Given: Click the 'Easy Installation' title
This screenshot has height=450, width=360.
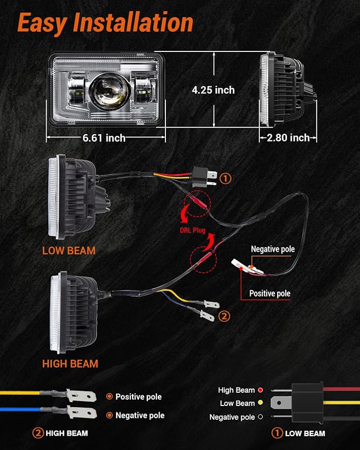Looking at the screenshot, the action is point(106,23).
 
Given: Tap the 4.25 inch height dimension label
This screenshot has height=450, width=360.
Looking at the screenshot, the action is point(213,90).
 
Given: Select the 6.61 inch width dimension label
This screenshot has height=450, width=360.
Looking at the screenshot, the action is point(104,138).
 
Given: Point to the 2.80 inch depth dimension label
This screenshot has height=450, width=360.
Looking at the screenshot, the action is point(288,138).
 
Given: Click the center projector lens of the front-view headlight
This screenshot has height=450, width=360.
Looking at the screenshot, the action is point(109,90).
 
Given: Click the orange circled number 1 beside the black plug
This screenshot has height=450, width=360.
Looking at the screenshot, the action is point(225,179).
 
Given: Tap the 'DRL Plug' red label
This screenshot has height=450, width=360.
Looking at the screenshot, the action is point(192,230).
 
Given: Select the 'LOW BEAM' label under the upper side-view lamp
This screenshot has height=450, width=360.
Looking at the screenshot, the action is point(69,251).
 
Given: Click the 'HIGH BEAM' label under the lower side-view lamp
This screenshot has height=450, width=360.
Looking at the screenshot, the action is point(70,364).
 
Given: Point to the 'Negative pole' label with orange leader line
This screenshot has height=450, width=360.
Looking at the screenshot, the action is point(273,249).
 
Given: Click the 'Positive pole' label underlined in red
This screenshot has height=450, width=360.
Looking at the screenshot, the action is point(269,293).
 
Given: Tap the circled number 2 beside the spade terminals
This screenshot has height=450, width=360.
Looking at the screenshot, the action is point(224,316).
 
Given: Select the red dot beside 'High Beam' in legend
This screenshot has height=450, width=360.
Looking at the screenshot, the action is point(260,390).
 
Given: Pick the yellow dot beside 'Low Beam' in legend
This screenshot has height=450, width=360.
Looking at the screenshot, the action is point(260,403).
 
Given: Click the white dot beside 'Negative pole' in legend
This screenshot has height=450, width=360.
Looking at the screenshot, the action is point(260,417).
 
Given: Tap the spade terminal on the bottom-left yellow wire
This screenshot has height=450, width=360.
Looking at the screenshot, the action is point(81,396).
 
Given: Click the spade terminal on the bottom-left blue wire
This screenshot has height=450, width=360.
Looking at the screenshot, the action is point(81,412).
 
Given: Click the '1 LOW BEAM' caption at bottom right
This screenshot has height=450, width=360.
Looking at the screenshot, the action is point(298,433).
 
